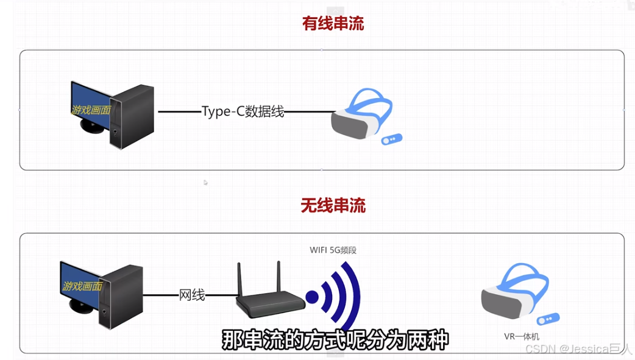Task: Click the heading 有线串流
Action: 333,24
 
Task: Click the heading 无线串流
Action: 333,205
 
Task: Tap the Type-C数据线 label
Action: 243,111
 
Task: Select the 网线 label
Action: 192,295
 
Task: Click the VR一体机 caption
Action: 521,336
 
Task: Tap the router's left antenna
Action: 240,277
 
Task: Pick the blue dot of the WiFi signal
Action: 312,297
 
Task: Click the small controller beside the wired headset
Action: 391,139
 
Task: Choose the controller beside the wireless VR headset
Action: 548,319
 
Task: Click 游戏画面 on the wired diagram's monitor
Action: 90,110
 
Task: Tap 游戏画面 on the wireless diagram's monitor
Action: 82,286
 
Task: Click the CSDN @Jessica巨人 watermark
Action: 578,349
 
